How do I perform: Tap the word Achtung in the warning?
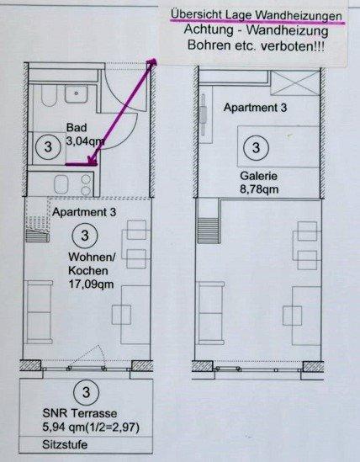[x=214, y=30]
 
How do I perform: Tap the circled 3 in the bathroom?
[x=47, y=146]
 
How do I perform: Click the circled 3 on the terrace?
[x=82, y=391]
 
